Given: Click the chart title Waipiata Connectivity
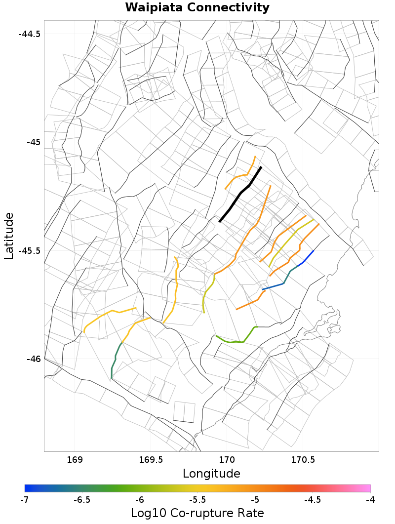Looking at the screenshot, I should [x=197, y=7].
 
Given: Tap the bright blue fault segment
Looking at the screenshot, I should [x=306, y=258].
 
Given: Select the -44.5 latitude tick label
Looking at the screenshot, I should [x=30, y=34].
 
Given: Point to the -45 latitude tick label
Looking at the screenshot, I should [x=33, y=142].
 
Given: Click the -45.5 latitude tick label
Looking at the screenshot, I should [x=30, y=250].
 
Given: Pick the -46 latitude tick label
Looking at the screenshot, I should [x=33, y=359].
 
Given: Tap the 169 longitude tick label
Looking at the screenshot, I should [x=75, y=460].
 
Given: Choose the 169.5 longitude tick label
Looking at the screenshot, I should [x=151, y=460].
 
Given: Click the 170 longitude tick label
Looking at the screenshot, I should [x=227, y=460].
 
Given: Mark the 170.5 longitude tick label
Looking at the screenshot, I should [x=303, y=460].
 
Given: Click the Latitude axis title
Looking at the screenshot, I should [x=9, y=236].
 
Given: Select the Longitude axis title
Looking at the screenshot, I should [x=211, y=474].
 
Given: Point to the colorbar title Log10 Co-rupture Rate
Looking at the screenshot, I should [x=197, y=513].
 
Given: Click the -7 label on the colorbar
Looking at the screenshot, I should [x=24, y=500].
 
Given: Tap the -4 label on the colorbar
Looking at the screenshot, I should [x=370, y=500].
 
